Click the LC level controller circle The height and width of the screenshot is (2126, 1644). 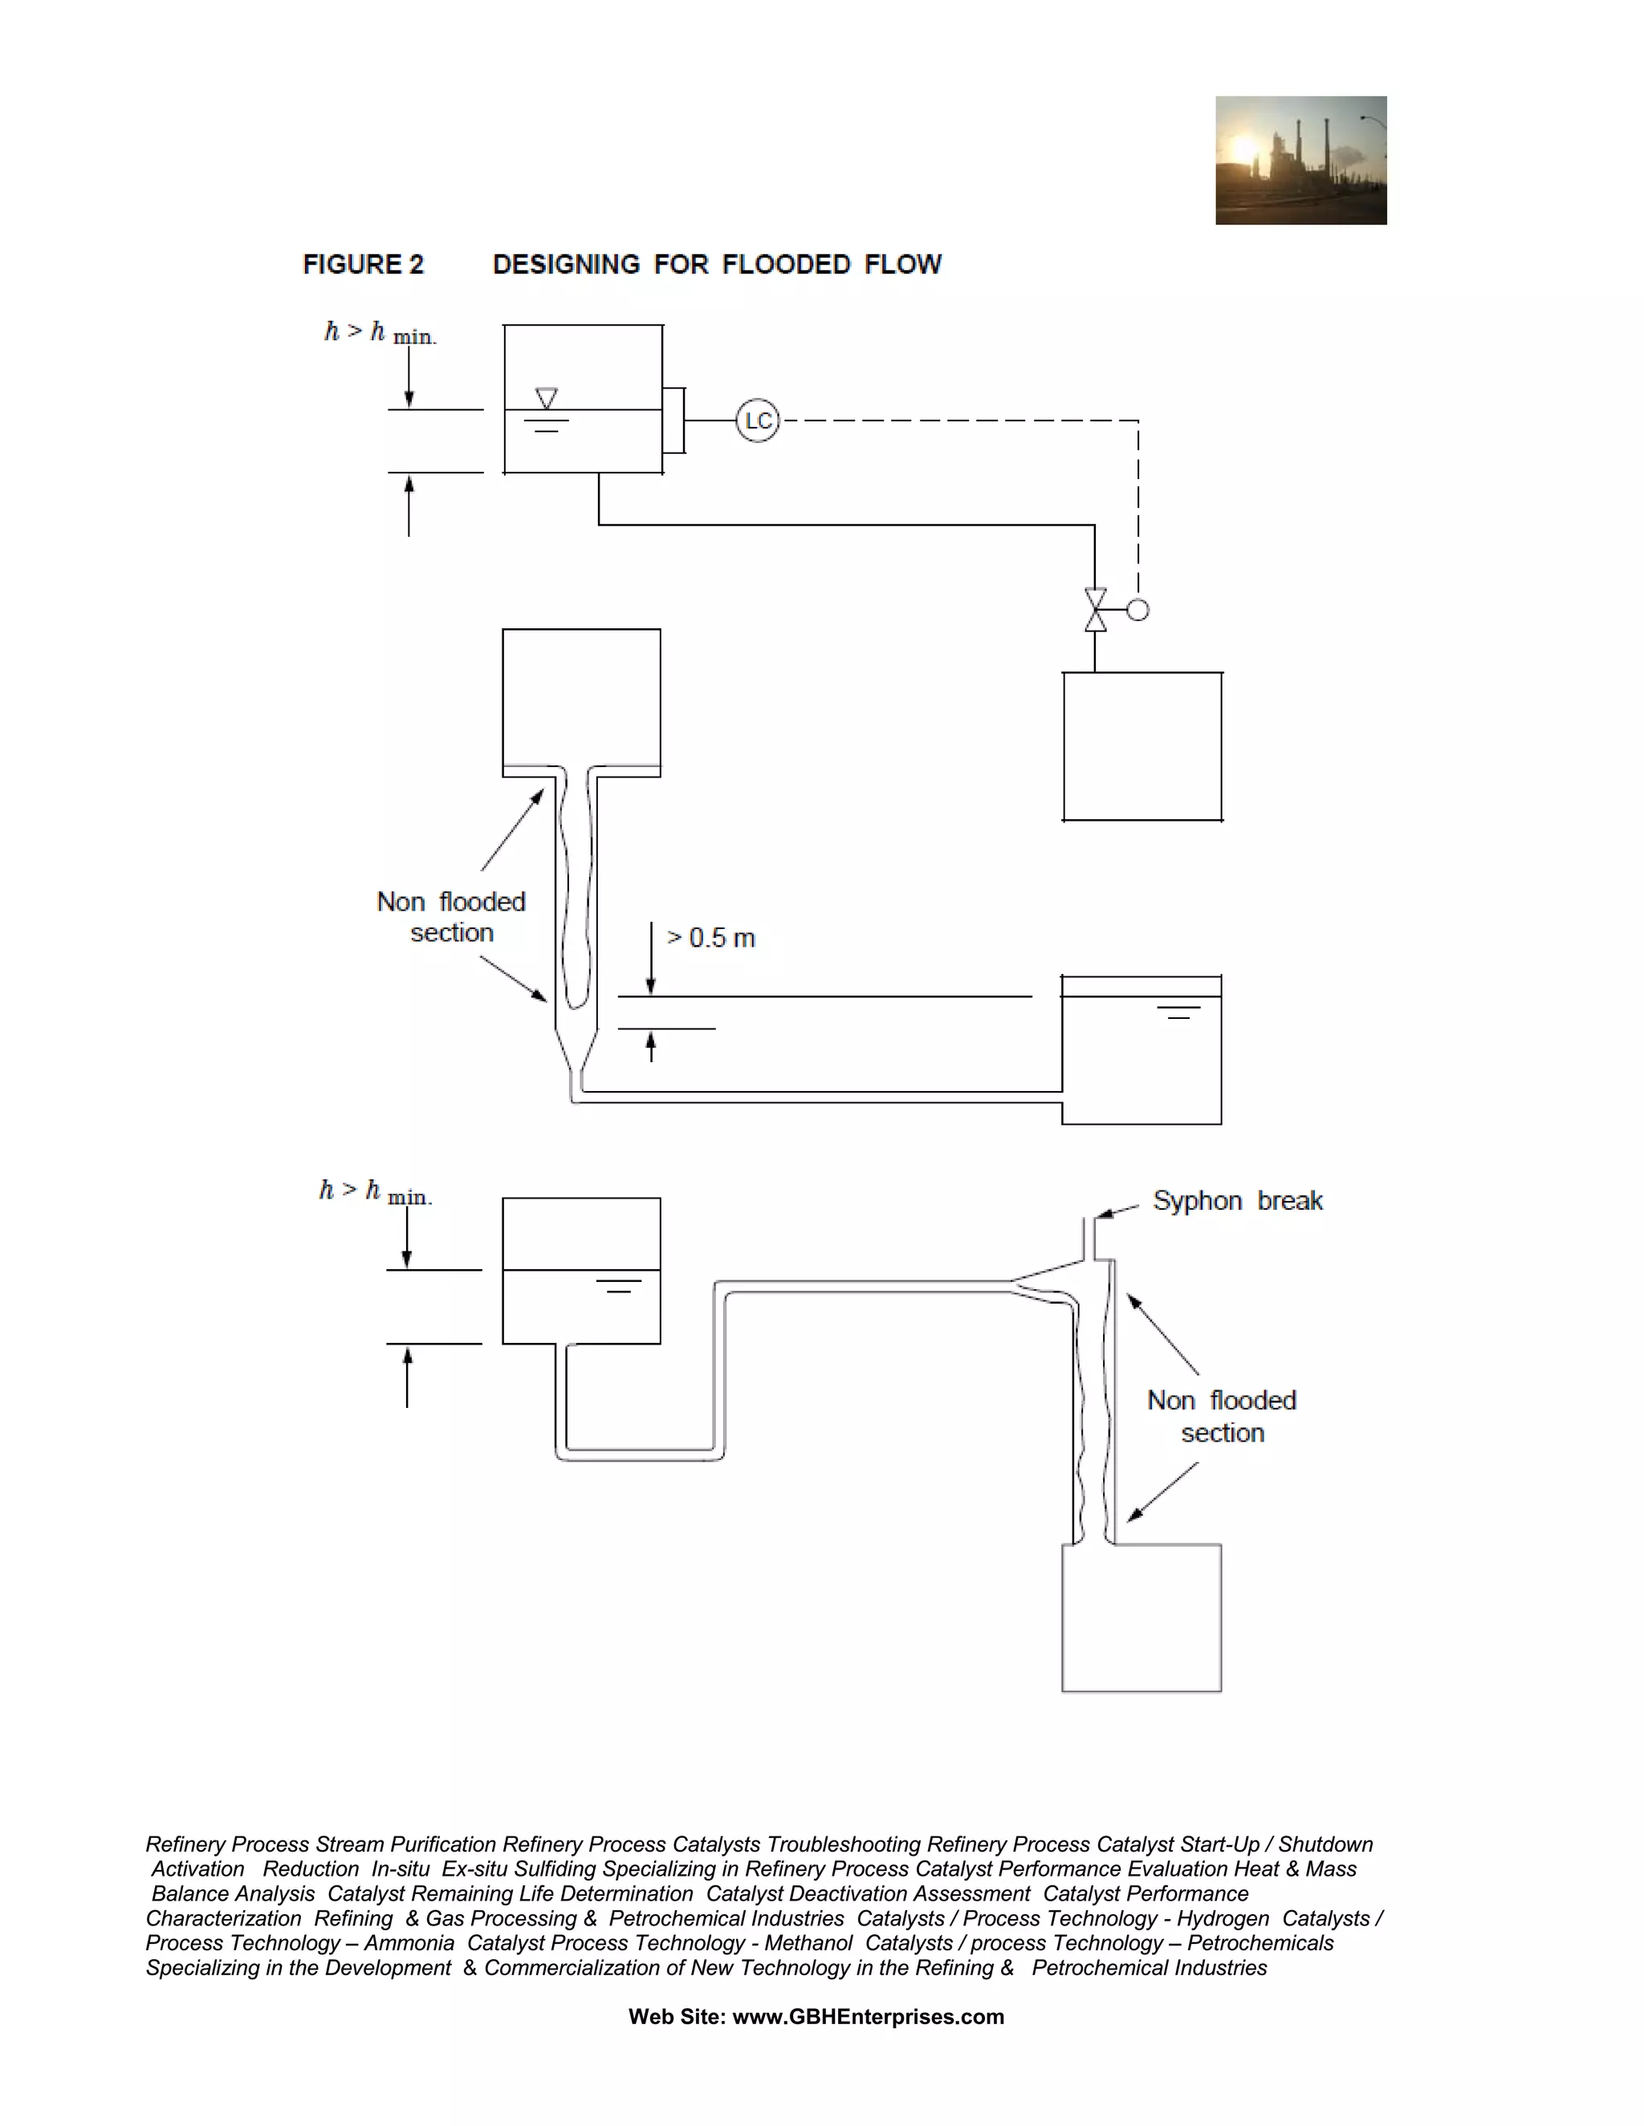coord(757,420)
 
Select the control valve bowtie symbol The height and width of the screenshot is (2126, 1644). coord(1096,611)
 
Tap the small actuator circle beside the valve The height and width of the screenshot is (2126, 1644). coord(1137,611)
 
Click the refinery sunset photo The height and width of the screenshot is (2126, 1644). coord(1300,160)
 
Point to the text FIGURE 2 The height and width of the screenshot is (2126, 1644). coord(364,265)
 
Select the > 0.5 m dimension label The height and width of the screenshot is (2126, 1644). coord(711,939)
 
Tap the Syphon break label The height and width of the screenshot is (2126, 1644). coord(1237,1201)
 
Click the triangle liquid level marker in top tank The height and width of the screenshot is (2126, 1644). coord(547,398)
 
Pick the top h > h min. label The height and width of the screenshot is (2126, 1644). coord(380,333)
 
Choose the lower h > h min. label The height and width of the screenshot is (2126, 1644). coord(375,1191)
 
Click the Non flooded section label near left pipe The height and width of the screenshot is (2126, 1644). coord(451,917)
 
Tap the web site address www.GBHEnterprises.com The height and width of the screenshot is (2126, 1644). coord(868,2017)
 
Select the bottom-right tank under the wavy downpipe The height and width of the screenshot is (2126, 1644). coord(1141,1618)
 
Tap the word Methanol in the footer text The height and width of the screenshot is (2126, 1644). coord(808,1943)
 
